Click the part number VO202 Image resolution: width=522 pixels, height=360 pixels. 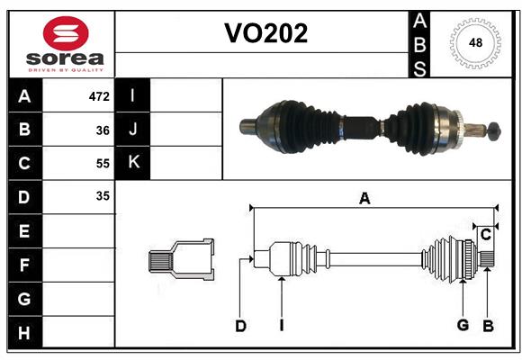(265, 33)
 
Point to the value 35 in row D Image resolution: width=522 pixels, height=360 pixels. (103, 196)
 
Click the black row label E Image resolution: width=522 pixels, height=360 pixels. (24, 231)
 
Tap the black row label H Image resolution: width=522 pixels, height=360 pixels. (24, 333)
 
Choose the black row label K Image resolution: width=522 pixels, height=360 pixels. (133, 163)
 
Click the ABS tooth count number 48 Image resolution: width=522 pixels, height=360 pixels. (473, 42)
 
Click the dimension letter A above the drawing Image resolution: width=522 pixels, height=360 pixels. (364, 199)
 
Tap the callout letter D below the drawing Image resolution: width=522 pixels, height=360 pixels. (240, 326)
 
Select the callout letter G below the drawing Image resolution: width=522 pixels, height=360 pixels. (463, 325)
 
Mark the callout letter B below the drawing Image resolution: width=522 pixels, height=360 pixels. (488, 325)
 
